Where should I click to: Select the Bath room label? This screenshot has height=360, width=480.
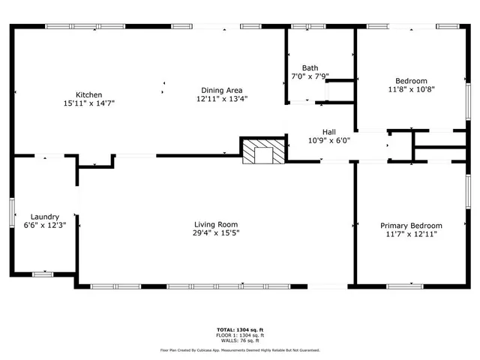coord(310,67)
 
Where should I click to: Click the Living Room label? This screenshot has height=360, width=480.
coord(216,224)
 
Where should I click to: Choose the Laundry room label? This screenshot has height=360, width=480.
coord(44,216)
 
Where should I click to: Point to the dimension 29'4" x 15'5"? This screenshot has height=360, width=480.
coord(216,233)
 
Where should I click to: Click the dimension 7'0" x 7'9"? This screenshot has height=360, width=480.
coord(310,76)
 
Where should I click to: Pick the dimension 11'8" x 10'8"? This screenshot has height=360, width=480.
coord(411,89)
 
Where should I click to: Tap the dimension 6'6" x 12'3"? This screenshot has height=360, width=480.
coord(43,225)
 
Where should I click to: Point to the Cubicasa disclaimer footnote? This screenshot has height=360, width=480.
coord(240,349)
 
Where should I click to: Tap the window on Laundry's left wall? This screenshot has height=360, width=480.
coord(11,211)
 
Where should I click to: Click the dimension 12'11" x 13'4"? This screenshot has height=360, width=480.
coord(222,98)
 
